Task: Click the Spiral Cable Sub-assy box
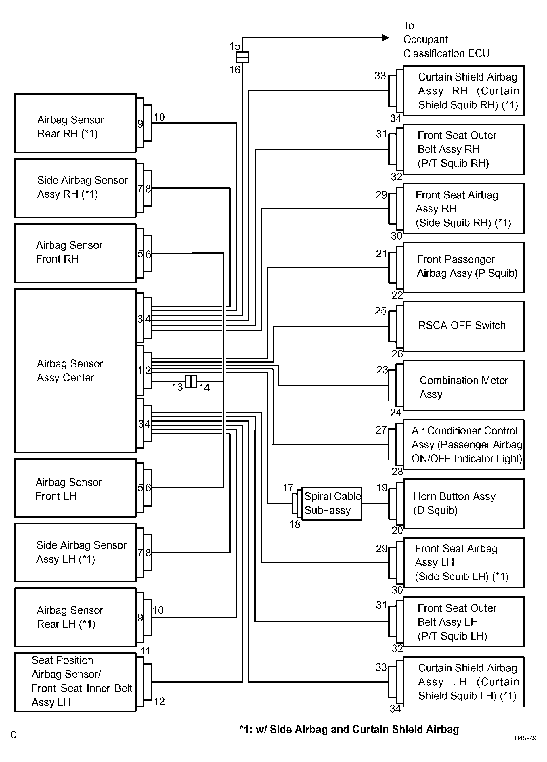332,503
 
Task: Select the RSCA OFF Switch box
464,326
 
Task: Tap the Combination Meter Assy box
464,385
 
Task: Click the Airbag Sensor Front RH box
75,253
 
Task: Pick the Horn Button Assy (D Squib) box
464,503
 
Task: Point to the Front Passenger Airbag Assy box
464,267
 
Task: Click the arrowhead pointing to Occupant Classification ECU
386,38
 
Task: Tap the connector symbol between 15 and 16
243,57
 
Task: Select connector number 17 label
288,487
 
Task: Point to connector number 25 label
381,311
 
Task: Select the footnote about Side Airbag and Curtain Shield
349,730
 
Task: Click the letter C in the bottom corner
14,735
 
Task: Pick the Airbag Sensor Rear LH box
75,617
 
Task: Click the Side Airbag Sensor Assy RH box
75,188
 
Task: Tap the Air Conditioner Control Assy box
464,445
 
